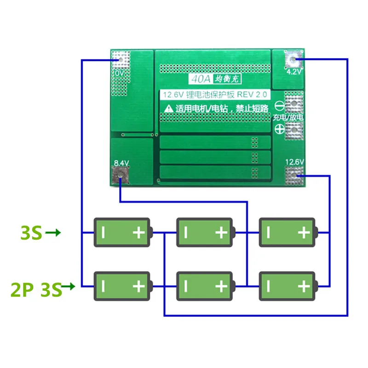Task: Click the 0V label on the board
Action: tap(119, 73)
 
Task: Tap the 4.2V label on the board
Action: tap(293, 72)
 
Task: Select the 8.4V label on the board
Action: tap(121, 162)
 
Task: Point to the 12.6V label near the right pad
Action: tap(294, 161)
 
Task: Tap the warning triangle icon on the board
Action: tap(168, 109)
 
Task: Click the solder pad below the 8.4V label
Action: tap(121, 174)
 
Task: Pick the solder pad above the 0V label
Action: tap(120, 59)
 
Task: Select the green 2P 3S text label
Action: tap(36, 290)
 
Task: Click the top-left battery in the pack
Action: tap(121, 232)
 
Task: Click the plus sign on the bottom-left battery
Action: tap(138, 287)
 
